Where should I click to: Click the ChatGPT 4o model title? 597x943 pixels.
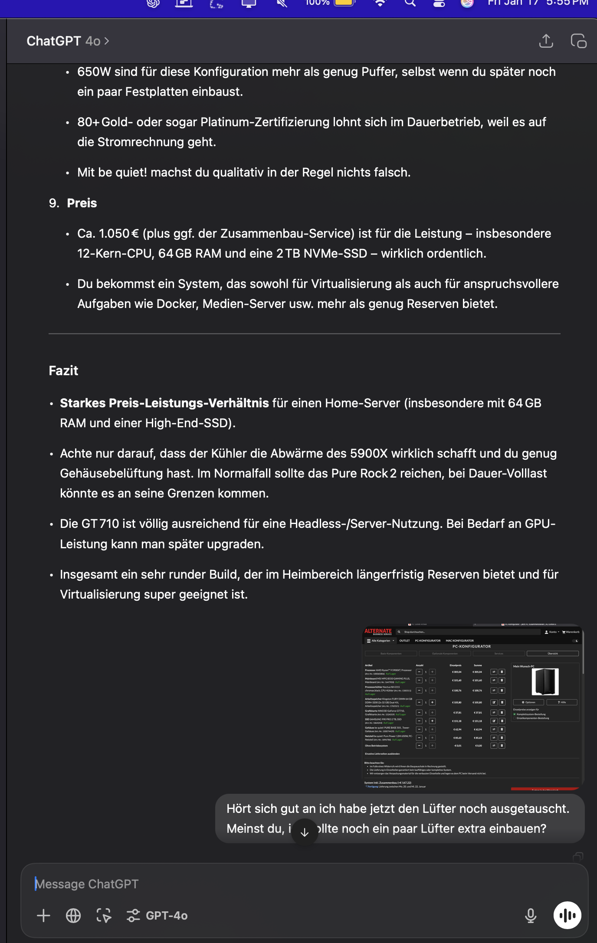click(x=63, y=41)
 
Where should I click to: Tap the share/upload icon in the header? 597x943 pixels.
click(x=546, y=41)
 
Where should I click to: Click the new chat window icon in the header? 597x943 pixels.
click(x=578, y=41)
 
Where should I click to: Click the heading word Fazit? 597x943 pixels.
click(x=63, y=371)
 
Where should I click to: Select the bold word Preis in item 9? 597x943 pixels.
click(x=82, y=203)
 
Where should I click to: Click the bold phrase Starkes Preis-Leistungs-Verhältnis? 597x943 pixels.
click(x=164, y=403)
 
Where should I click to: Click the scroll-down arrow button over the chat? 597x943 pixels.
click(x=305, y=832)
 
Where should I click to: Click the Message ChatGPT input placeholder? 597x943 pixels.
click(x=87, y=884)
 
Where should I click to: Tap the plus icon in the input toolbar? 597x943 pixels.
click(x=43, y=916)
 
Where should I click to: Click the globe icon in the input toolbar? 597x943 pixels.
click(x=73, y=916)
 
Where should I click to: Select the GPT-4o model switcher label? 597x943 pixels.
click(x=166, y=916)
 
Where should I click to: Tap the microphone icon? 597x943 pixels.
click(x=530, y=916)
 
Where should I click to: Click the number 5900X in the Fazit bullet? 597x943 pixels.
click(x=368, y=454)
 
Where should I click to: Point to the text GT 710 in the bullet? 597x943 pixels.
click(x=100, y=524)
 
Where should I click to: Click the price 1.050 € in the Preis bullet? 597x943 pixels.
click(x=118, y=234)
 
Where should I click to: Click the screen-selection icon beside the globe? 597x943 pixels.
click(x=104, y=916)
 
